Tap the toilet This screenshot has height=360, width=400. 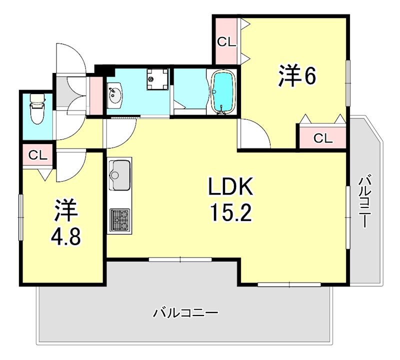pyautogui.click(x=36, y=108)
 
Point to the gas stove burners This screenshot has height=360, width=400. pyautogui.click(x=119, y=218)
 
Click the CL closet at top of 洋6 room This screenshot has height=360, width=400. pyautogui.click(x=226, y=42)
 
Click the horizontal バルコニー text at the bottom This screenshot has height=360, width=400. pyautogui.click(x=185, y=314)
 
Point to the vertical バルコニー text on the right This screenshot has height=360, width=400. pyautogui.click(x=365, y=200)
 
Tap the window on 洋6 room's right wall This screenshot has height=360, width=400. pyautogui.click(x=347, y=83)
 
